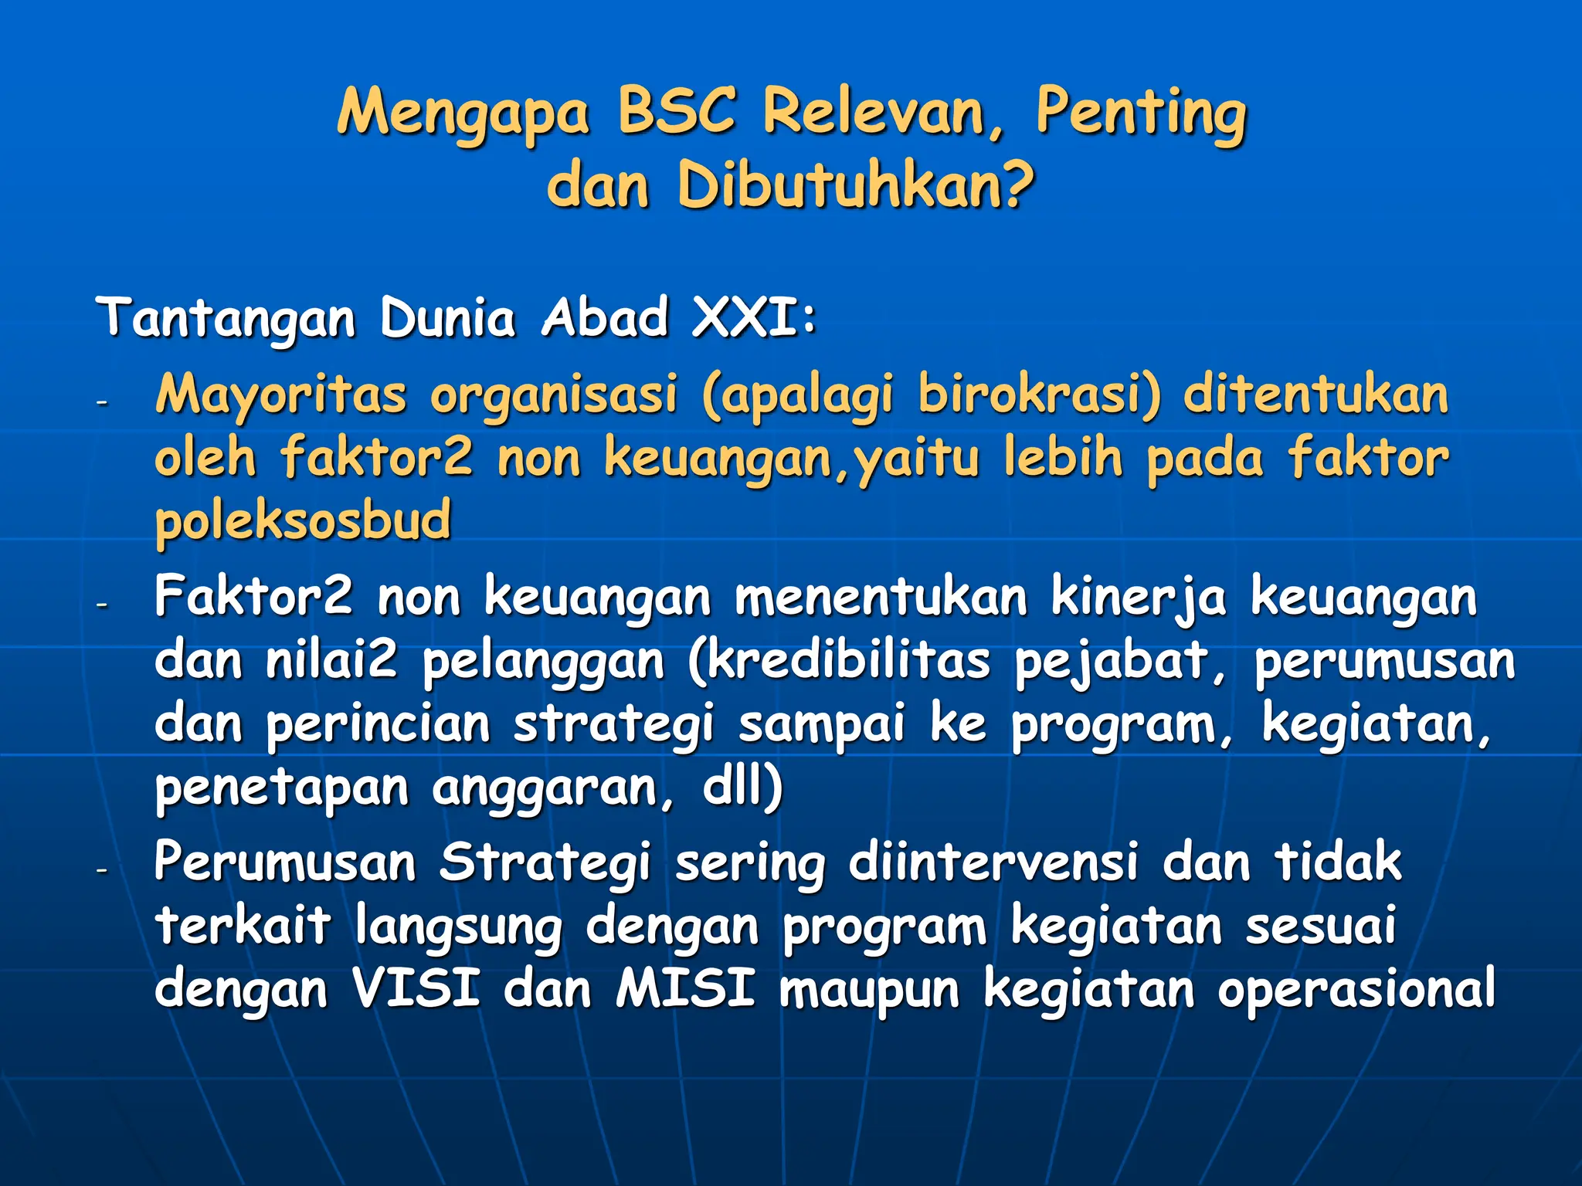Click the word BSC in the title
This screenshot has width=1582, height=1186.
pyautogui.click(x=676, y=110)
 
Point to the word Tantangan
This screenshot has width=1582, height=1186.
pyautogui.click(x=226, y=318)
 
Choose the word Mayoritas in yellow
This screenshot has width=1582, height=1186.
pyautogui.click(x=281, y=395)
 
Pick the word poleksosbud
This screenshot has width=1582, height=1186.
pyautogui.click(x=303, y=520)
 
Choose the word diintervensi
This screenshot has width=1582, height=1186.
pyautogui.click(x=993, y=862)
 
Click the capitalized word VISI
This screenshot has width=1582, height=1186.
pyautogui.click(x=416, y=988)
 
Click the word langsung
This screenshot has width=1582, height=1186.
pyautogui.click(x=459, y=927)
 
